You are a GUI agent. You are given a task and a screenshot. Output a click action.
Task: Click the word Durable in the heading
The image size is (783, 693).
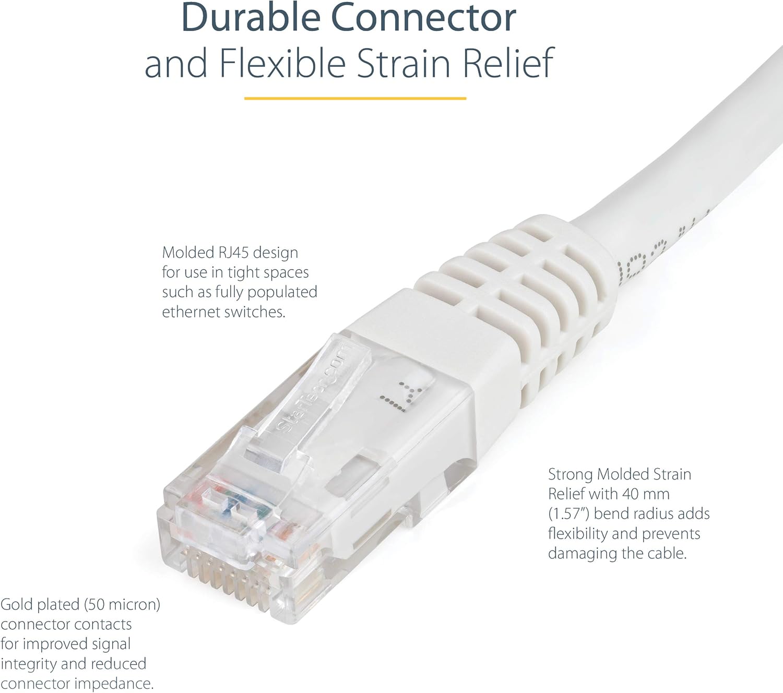[251, 18]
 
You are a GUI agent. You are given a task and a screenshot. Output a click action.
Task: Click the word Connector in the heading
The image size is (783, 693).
[423, 18]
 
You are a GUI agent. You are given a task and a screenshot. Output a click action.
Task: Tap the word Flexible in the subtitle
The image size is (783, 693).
[282, 63]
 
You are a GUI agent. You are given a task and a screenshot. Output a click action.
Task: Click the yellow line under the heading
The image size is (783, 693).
[355, 98]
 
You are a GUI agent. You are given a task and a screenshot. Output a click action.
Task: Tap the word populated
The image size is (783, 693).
[282, 292]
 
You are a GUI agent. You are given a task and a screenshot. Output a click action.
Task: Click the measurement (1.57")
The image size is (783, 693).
[568, 513]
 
